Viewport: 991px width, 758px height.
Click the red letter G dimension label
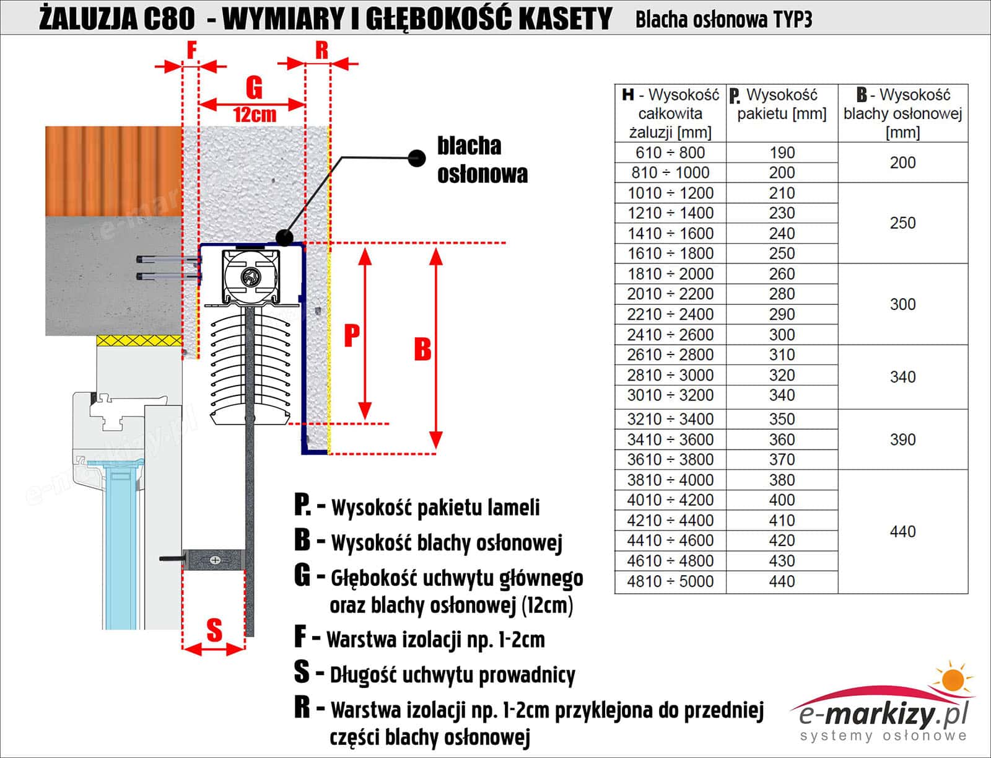(x=254, y=88)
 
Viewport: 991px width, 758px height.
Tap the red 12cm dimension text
(x=255, y=115)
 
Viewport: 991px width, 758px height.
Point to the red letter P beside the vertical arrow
(x=352, y=335)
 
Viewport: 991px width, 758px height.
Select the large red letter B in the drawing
(x=422, y=350)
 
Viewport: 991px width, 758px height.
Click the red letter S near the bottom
(x=214, y=630)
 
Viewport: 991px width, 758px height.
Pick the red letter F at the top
(x=191, y=50)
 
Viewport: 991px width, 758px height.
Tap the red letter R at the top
(x=321, y=51)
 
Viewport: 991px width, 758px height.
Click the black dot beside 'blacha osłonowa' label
(x=417, y=158)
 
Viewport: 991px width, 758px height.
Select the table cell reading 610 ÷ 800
(x=670, y=152)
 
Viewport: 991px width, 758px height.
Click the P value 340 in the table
(x=782, y=395)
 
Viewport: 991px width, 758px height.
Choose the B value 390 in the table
(x=902, y=439)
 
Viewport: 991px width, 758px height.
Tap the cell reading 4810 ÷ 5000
(x=670, y=581)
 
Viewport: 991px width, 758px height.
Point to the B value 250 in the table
(x=902, y=223)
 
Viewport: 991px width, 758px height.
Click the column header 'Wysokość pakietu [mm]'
(x=782, y=105)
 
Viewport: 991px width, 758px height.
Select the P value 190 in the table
(x=782, y=152)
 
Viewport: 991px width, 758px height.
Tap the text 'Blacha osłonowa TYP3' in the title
(x=723, y=20)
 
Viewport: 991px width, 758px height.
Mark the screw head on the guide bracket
(x=215, y=560)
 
